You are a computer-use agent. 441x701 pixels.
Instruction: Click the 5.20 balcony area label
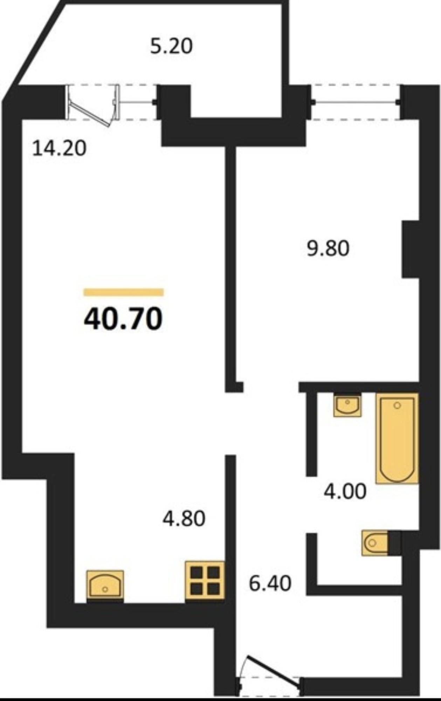tap(172, 46)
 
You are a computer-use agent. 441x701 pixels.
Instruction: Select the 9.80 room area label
tap(328, 249)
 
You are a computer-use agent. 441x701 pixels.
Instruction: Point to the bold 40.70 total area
tap(123, 319)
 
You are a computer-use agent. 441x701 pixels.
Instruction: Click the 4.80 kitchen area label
tap(184, 519)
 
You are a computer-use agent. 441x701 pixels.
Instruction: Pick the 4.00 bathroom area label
tap(345, 491)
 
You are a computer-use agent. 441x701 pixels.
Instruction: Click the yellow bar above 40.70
tap(124, 292)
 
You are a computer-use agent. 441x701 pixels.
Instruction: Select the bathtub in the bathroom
tap(397, 438)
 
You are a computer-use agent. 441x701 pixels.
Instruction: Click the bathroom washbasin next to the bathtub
tap(347, 406)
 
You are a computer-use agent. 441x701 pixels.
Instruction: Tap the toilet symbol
tap(375, 543)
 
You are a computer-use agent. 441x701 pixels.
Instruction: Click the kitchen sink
tap(105, 584)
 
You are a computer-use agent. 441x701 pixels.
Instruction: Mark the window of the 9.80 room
tap(356, 102)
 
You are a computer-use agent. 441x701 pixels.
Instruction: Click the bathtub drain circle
tap(397, 406)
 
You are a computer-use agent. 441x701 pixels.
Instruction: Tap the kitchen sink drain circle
tap(105, 590)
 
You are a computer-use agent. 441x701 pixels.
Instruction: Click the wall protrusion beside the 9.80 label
tap(411, 249)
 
